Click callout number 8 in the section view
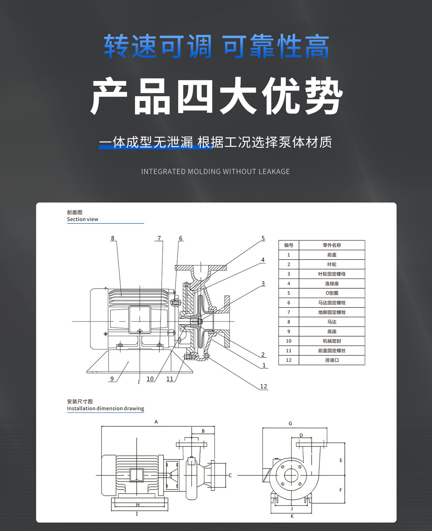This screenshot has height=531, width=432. (113, 238)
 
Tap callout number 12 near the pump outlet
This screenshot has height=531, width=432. (264, 387)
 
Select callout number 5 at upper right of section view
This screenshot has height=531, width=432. (263, 238)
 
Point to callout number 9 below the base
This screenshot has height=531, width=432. (112, 379)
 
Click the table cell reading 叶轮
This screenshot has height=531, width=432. (332, 264)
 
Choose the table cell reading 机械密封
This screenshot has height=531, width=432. (332, 341)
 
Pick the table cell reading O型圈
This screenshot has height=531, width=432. (332, 293)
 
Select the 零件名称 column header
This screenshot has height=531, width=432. (332, 245)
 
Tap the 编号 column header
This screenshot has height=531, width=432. (289, 245)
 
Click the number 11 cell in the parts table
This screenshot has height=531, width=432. (289, 351)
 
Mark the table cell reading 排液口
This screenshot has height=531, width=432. (332, 360)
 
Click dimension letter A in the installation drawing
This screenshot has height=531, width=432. (156, 422)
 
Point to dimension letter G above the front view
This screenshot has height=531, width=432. (290, 424)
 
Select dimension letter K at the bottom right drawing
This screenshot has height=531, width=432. (292, 516)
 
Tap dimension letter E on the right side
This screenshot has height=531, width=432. (341, 460)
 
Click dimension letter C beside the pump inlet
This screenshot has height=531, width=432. (230, 475)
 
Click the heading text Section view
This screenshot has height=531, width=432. (82, 219)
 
